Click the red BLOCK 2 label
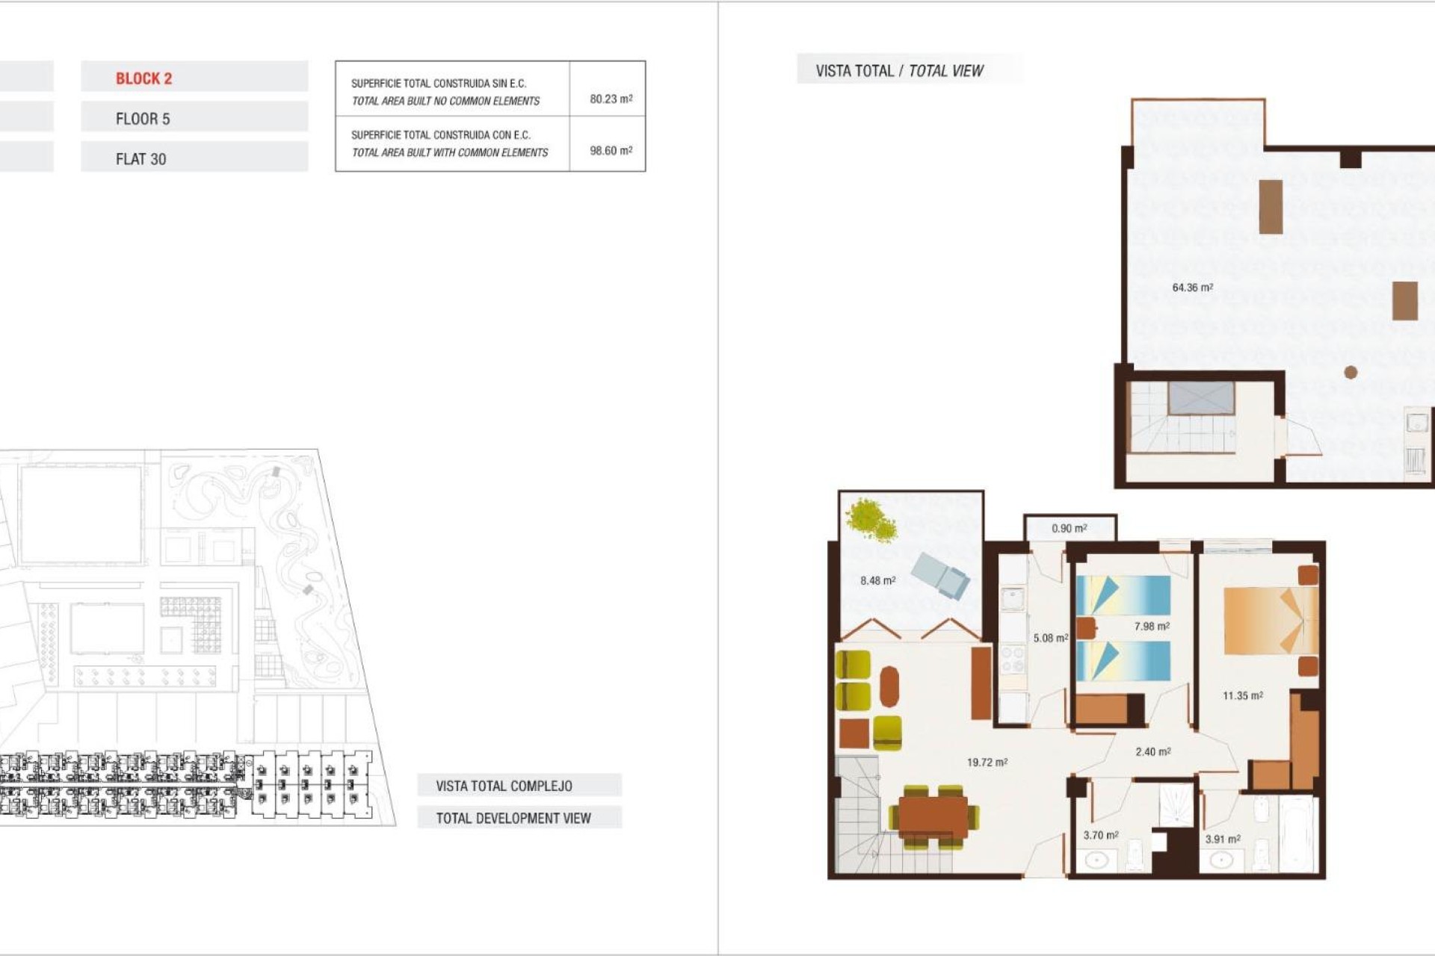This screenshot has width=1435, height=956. [x=143, y=78]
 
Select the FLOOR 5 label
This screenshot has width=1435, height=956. [x=143, y=119]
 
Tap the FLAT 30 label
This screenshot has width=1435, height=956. [x=141, y=159]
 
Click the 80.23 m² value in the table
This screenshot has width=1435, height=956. [x=611, y=99]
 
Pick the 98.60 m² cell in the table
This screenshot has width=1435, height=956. [x=611, y=151]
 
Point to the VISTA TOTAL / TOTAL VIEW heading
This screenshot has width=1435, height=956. [x=899, y=71]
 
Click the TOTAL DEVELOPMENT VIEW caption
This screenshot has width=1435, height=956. [x=513, y=818]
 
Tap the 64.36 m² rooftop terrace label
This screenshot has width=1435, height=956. [x=1192, y=288]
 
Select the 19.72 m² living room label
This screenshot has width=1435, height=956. [x=987, y=763]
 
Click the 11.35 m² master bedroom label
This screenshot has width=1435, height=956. [x=1242, y=695]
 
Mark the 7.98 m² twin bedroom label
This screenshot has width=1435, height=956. [x=1151, y=627]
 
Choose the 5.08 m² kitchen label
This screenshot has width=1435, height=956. [x=1050, y=638]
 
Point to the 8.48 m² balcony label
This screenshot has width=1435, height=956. [x=877, y=580]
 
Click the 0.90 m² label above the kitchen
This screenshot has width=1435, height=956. [x=1069, y=528]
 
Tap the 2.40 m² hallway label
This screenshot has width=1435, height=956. [x=1152, y=752]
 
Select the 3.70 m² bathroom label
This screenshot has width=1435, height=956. [x=1100, y=835]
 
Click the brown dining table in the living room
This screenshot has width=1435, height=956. [x=933, y=816]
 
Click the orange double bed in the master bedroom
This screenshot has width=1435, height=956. [x=1269, y=620]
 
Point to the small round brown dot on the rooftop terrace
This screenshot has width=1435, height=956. [x=1351, y=372]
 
